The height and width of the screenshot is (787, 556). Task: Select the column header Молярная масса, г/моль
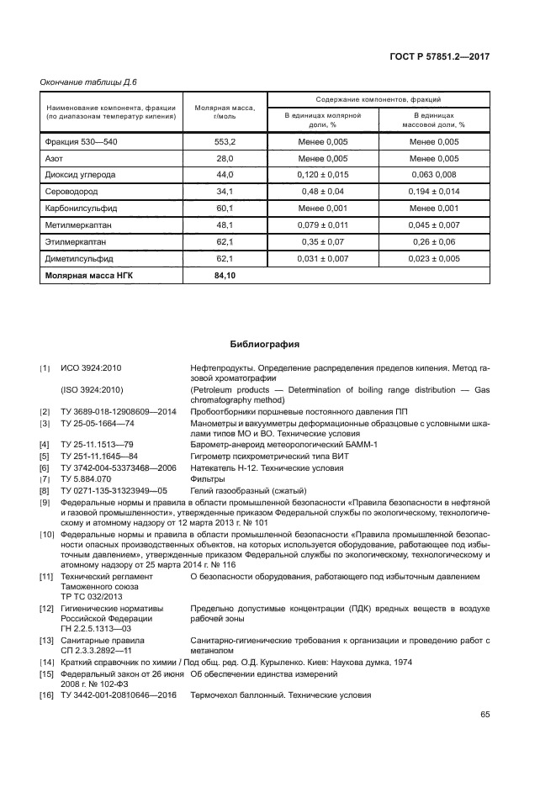[225, 112]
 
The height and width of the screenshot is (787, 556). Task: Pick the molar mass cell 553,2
[225, 141]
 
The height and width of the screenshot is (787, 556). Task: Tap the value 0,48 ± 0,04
[322, 192]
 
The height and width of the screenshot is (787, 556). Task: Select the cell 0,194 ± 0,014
[434, 192]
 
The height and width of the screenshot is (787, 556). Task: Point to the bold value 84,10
[225, 275]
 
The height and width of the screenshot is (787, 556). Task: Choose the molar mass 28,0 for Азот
[225, 158]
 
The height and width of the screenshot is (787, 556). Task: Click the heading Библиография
[265, 343]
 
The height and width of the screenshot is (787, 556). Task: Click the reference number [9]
[45, 503]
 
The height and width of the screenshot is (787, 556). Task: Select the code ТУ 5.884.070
[87, 478]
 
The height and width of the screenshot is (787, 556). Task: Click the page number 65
[485, 715]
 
